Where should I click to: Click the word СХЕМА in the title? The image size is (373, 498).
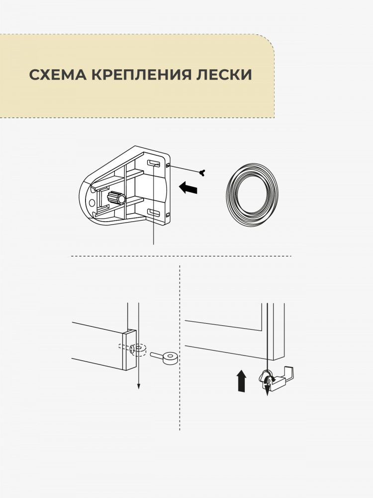pos(58,75)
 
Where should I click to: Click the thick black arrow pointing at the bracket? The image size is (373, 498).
pos(188,187)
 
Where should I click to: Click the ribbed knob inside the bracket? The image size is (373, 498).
pos(116,198)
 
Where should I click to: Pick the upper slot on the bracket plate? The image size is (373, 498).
pos(154,163)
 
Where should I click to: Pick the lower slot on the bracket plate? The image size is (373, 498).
pos(154,213)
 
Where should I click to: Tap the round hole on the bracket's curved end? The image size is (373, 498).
pos(92,203)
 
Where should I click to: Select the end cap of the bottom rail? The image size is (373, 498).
pos(129,350)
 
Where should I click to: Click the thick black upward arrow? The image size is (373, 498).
pos(242,380)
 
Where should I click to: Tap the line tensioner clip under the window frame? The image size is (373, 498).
pos(277,379)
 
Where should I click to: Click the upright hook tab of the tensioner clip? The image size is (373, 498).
pos(289,373)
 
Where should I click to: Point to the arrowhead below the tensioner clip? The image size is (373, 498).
pos(268,390)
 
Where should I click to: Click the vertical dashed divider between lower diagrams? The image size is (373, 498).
pos(180,348)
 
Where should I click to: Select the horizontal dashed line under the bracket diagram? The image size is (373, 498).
pos(181,256)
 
